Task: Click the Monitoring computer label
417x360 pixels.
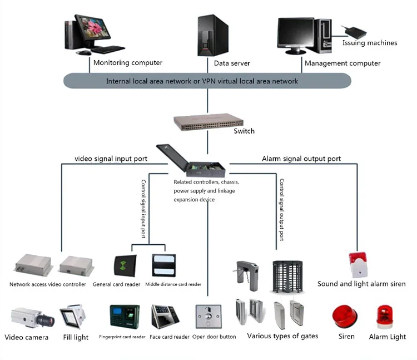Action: coord(128,63)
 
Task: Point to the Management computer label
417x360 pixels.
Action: coord(342,63)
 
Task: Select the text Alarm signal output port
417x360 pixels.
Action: coord(301,159)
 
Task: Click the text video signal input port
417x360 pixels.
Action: coord(111,159)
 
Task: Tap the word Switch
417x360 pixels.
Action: coord(244,131)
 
